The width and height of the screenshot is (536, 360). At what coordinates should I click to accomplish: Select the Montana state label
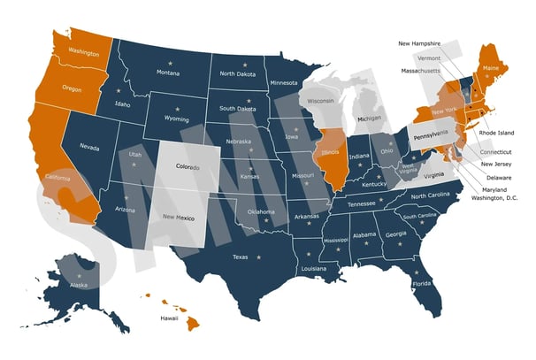pyautogui.click(x=167, y=73)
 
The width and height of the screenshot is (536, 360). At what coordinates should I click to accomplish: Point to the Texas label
pyautogui.click(x=241, y=257)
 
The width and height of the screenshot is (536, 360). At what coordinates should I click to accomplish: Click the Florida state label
pyautogui.click(x=421, y=284)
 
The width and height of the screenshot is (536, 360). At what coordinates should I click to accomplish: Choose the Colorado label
pyautogui.click(x=188, y=165)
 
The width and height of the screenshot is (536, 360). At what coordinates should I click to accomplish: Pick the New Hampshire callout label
pyautogui.click(x=423, y=42)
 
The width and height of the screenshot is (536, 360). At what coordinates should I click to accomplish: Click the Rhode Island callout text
pyautogui.click(x=496, y=133)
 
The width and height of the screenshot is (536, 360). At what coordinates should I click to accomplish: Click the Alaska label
pyautogui.click(x=79, y=285)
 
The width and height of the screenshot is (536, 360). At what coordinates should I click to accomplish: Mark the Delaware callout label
pyautogui.click(x=499, y=175)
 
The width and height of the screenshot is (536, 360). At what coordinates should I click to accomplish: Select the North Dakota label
pyautogui.click(x=239, y=73)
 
